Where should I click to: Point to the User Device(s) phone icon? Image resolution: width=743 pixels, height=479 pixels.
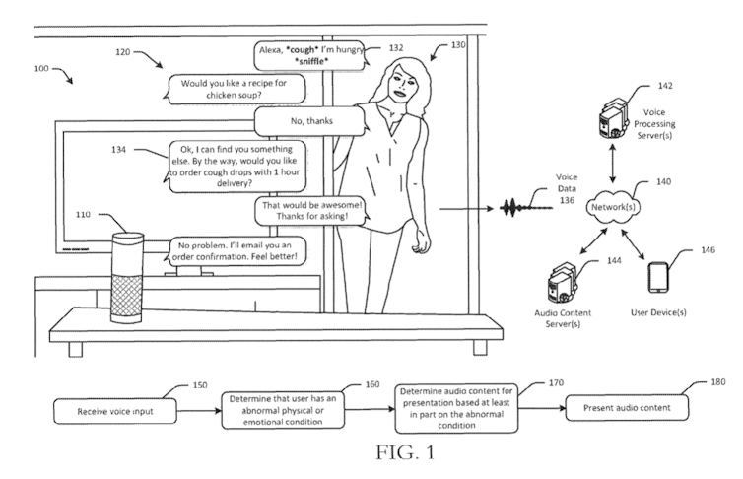[x=657, y=278]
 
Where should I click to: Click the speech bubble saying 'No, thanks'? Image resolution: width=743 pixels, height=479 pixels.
[x=308, y=121]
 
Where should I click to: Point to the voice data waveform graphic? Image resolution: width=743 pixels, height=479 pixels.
[x=523, y=209]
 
